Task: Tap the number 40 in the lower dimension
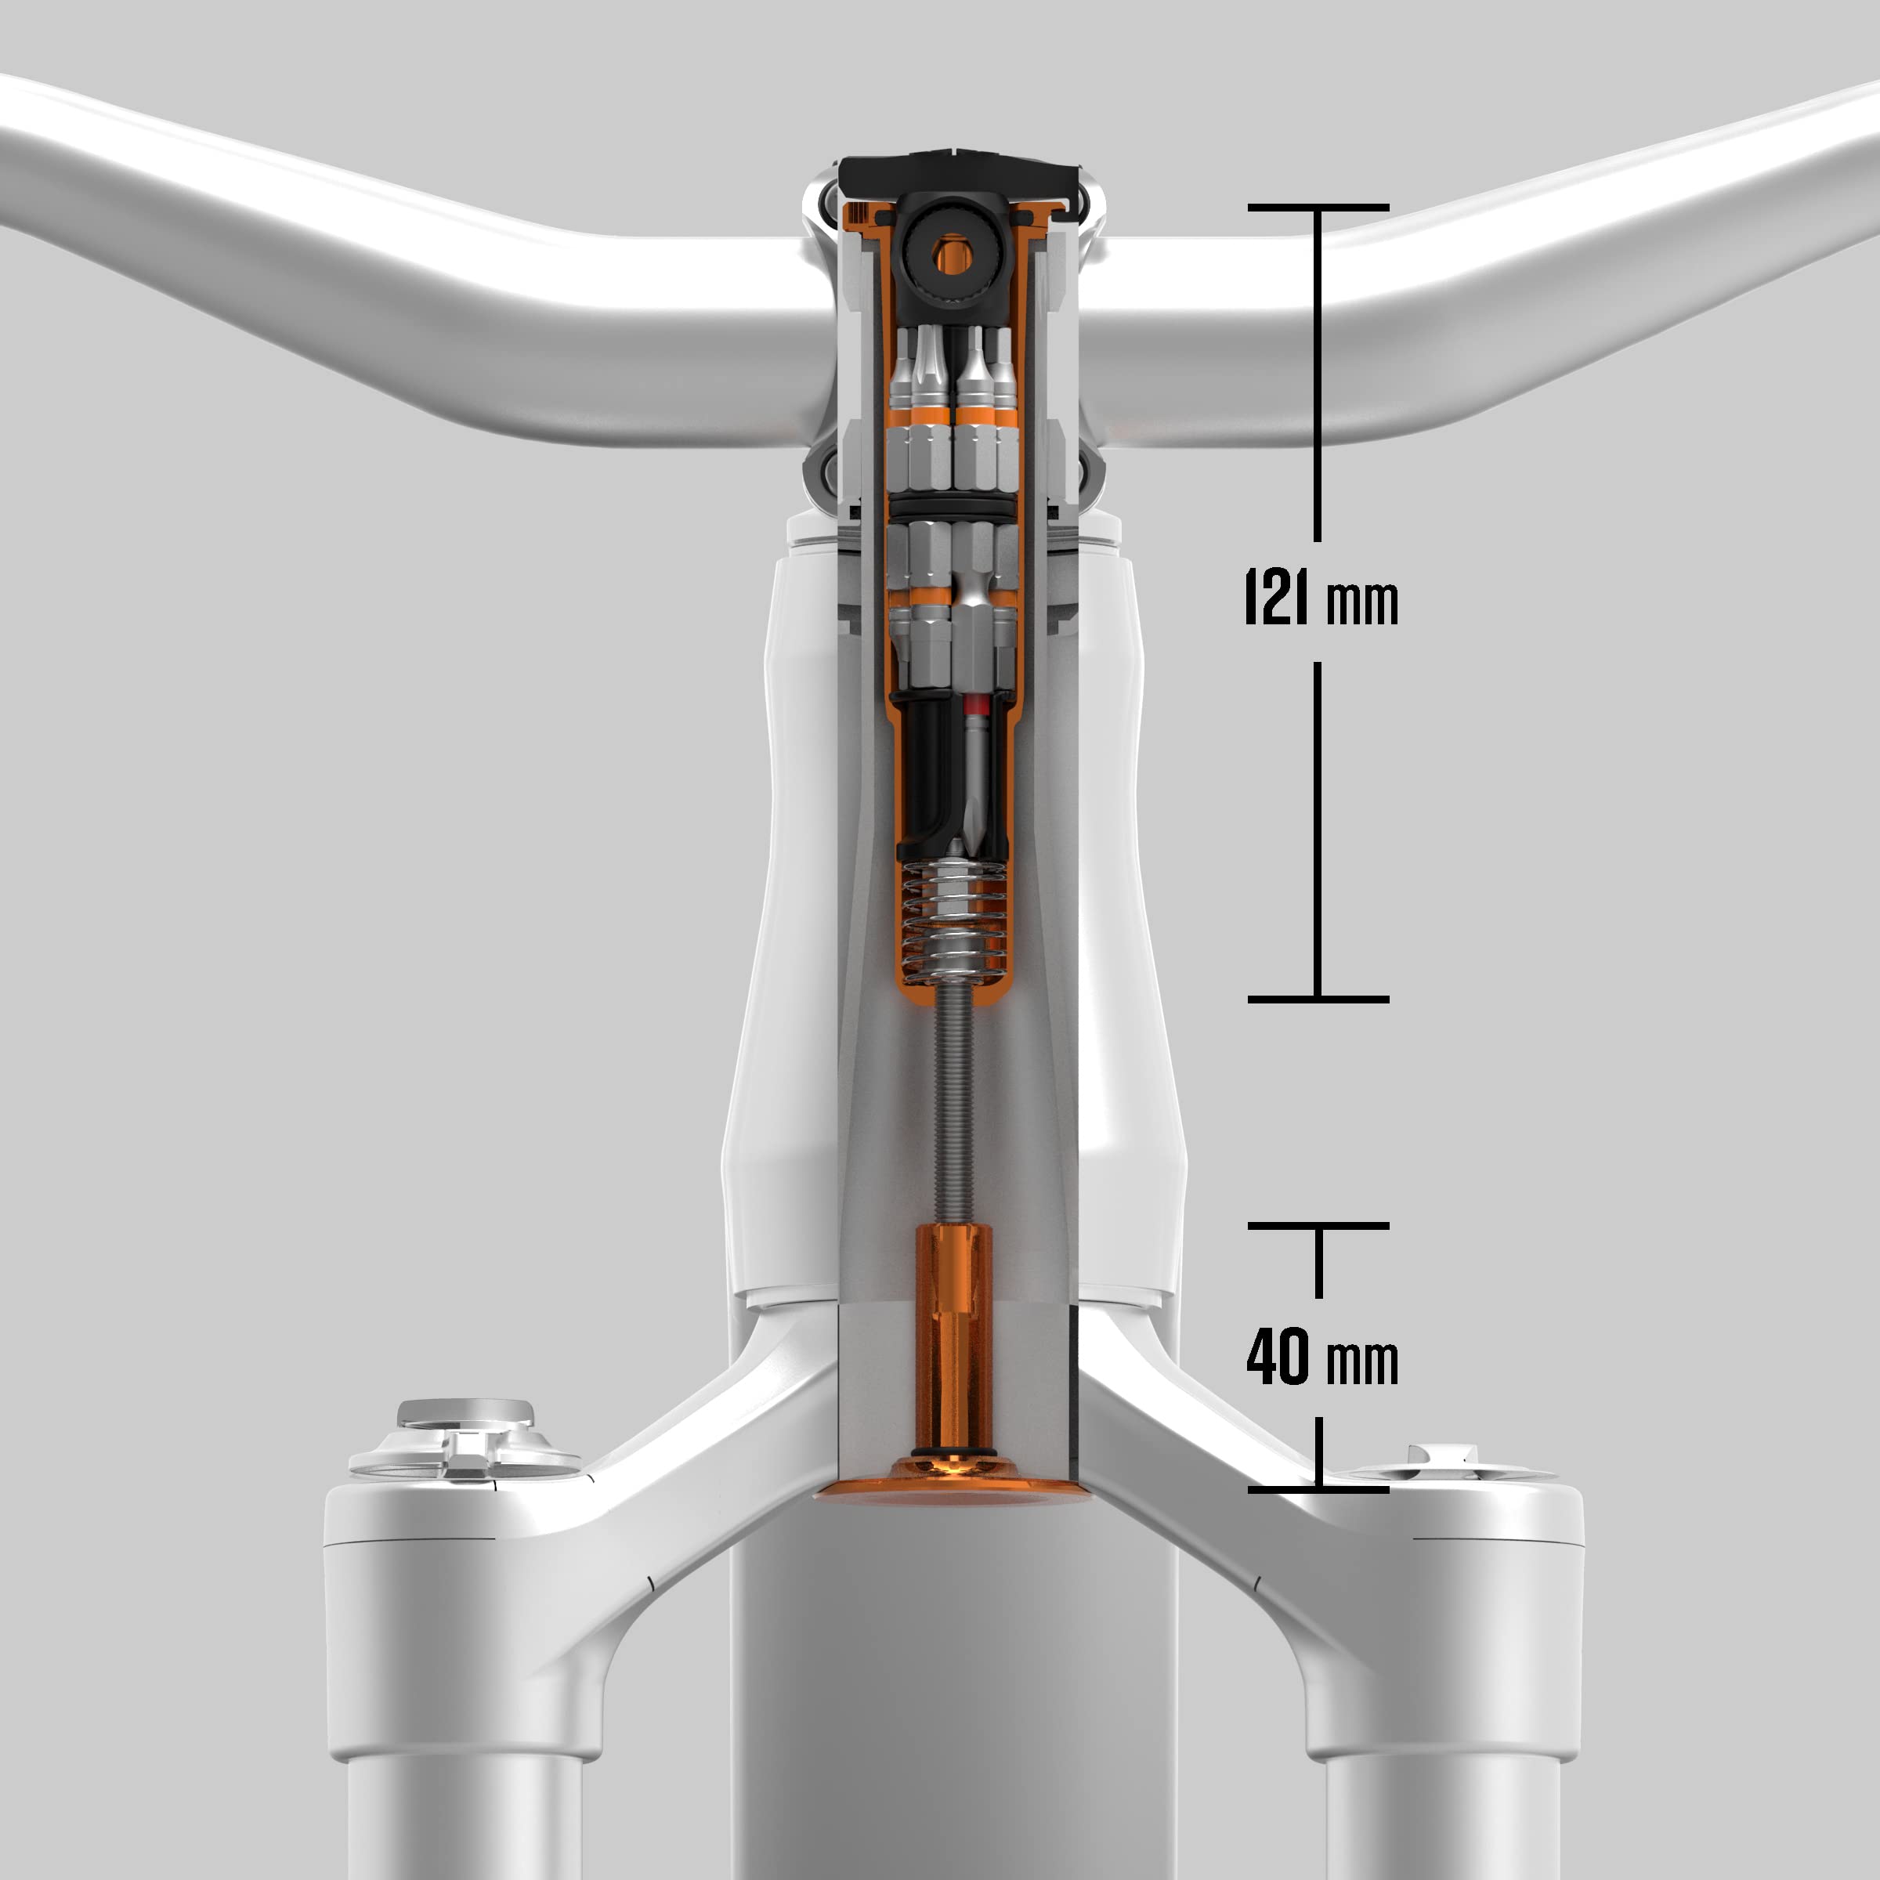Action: click(1278, 1357)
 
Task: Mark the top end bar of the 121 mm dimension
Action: click(1318, 208)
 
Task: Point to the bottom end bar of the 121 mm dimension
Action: click(1318, 1000)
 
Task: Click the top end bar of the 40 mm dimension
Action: click(1318, 1226)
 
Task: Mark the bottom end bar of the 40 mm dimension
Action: click(1318, 1490)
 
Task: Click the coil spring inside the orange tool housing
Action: click(953, 920)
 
